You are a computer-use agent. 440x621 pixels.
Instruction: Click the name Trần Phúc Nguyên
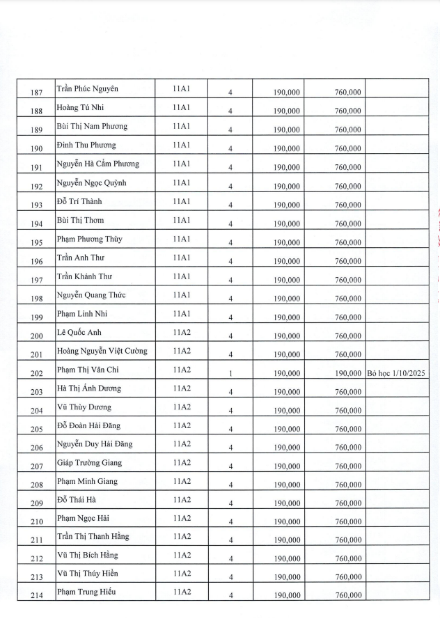pos(87,89)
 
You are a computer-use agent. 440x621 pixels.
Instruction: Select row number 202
pos(37,374)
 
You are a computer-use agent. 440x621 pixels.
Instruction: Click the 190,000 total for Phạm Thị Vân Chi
pos(347,374)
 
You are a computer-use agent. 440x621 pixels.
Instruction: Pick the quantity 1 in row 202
pos(230,374)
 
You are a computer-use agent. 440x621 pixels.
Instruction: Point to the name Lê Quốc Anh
pos(79,332)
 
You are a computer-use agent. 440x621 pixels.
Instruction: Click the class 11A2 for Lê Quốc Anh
pos(182,332)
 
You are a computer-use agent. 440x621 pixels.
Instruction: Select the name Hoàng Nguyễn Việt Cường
pos(102,351)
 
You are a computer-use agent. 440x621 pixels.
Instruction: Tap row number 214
pos(37,597)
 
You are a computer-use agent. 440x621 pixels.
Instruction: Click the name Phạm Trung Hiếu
pos(86,592)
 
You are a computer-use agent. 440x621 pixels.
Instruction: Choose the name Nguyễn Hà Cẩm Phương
pos(97,164)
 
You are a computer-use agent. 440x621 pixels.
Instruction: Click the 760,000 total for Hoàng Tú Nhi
pos(347,111)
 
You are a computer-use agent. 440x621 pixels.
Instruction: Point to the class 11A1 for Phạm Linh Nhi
pos(182,313)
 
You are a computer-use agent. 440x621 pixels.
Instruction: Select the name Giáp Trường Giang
pos(89,463)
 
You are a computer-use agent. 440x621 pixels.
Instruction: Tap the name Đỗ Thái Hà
pos(77,500)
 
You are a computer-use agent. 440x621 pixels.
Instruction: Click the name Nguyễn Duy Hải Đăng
pos(95,444)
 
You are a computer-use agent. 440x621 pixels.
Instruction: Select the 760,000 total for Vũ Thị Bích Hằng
pos(347,558)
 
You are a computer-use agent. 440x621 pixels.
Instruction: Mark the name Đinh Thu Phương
pos(86,145)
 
